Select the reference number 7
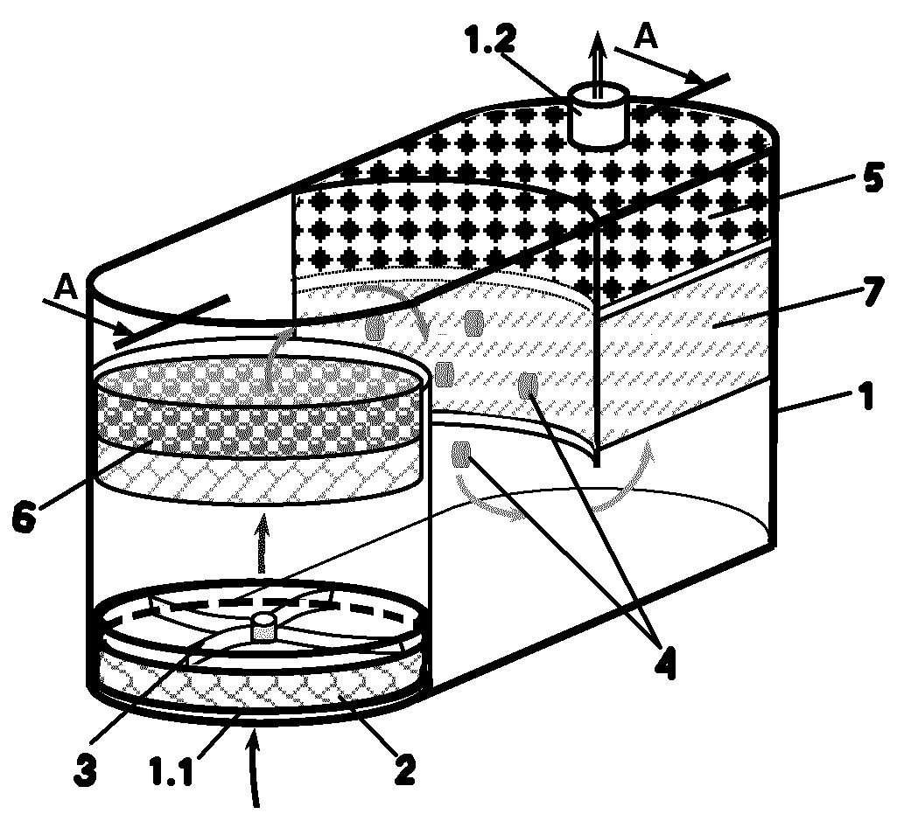[873, 291]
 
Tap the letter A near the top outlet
[646, 37]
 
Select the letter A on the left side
[66, 288]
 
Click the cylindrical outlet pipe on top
[599, 113]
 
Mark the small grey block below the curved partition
[461, 454]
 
